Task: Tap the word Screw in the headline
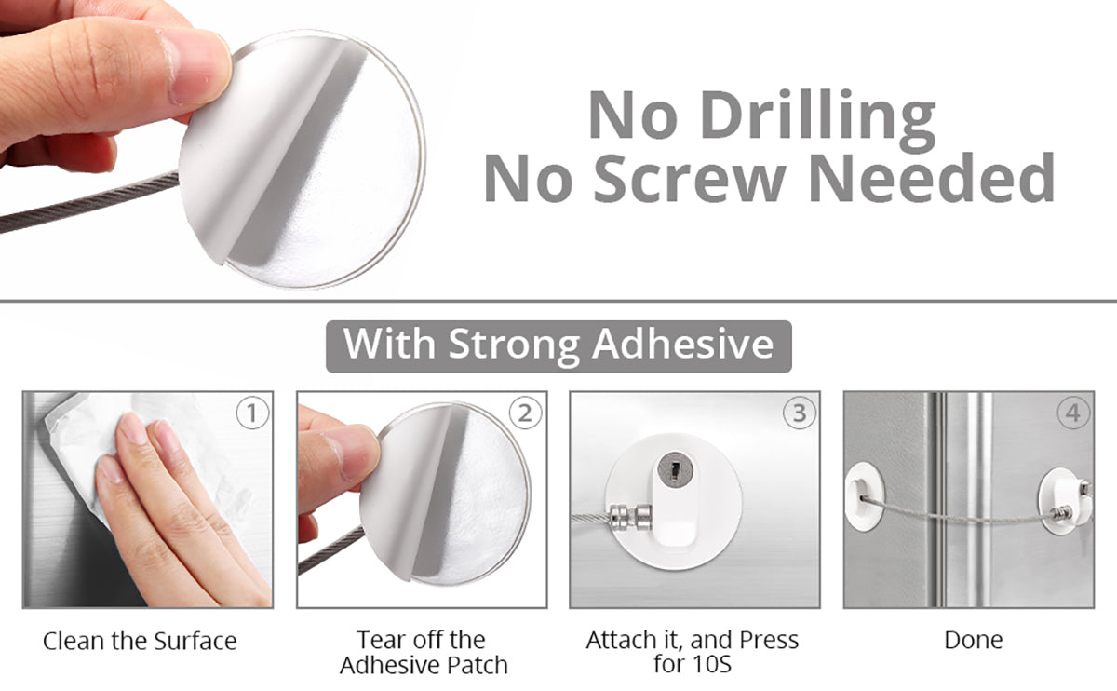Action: pyautogui.click(x=688, y=178)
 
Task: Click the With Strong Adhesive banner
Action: pyautogui.click(x=558, y=346)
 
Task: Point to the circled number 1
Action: pyautogui.click(x=252, y=413)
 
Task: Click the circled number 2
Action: pyautogui.click(x=526, y=413)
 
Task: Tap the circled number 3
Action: pyautogui.click(x=800, y=413)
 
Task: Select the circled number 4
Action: pyautogui.click(x=1073, y=413)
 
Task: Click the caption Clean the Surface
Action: pyautogui.click(x=140, y=641)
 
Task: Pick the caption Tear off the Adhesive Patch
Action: pyautogui.click(x=424, y=652)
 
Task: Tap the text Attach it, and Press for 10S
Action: pyautogui.click(x=693, y=652)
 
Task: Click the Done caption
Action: pyautogui.click(x=974, y=640)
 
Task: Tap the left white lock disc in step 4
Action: pyautogui.click(x=864, y=495)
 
